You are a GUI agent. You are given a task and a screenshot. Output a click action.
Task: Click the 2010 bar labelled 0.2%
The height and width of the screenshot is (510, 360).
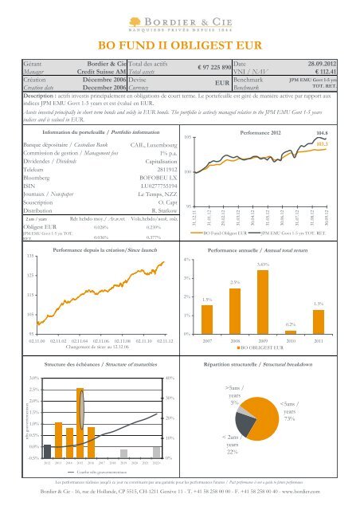(292, 331)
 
